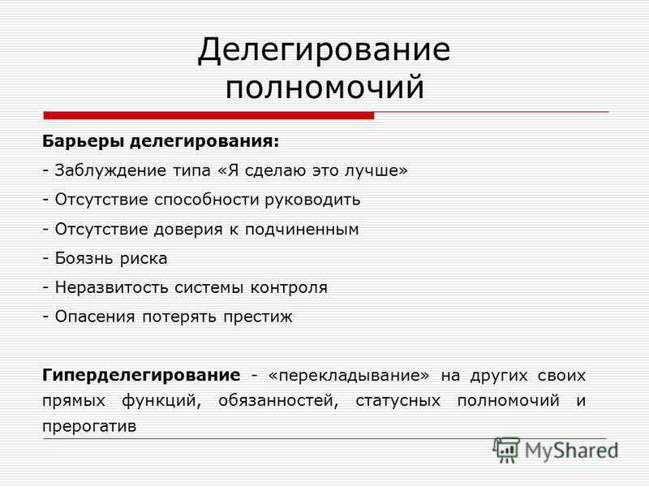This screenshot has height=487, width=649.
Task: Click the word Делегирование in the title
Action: click(324, 51)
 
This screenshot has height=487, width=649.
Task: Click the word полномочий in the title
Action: click(325, 87)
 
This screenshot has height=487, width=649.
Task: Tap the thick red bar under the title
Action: click(209, 115)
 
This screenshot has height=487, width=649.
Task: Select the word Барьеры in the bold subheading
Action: click(84, 141)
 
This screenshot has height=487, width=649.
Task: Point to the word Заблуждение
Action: click(110, 170)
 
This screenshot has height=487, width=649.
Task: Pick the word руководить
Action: click(313, 200)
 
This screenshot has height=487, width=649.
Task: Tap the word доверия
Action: click(188, 230)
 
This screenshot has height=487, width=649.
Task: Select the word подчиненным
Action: click(302, 230)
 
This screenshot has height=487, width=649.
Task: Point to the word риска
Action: click(144, 259)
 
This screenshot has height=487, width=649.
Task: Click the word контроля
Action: click(289, 288)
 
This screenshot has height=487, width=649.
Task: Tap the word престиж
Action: click(258, 317)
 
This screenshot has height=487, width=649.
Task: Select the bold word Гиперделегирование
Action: click(141, 376)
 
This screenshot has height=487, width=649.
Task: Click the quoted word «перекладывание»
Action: click(349, 376)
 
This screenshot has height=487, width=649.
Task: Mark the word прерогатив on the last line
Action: click(89, 426)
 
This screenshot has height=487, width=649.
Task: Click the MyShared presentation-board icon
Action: click(506, 450)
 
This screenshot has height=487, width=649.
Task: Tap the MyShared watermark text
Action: click(571, 451)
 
